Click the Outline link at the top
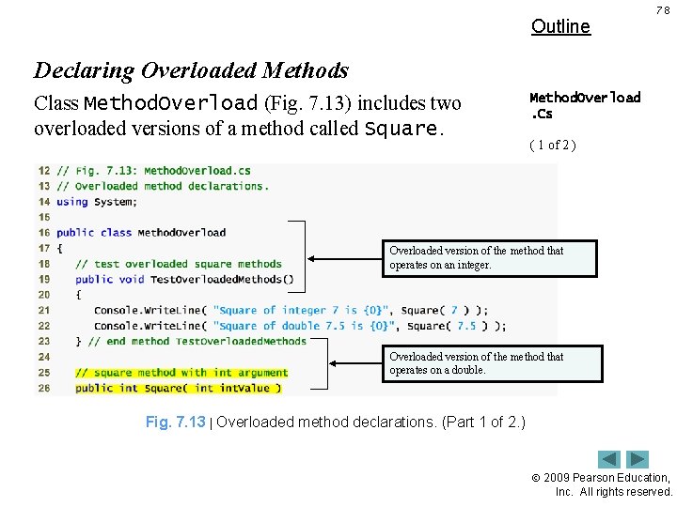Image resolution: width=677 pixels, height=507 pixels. (560, 26)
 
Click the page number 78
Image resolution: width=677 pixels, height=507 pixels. (663, 10)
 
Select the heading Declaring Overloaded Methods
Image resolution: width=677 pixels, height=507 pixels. (191, 70)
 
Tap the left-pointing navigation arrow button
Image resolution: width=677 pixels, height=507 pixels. (610, 459)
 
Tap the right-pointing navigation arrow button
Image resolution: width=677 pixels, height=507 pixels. (638, 459)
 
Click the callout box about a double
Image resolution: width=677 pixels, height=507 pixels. (492, 363)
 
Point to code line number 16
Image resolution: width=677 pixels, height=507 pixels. (43, 233)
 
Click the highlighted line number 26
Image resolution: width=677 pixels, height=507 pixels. (43, 388)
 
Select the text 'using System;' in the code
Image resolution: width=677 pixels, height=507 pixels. (97, 202)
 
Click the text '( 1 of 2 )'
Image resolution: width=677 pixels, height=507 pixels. (553, 145)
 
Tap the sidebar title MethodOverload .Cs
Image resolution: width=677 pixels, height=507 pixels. (585, 105)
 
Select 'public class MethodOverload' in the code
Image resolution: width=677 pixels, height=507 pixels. (141, 233)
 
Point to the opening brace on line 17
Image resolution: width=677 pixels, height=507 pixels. (60, 248)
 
